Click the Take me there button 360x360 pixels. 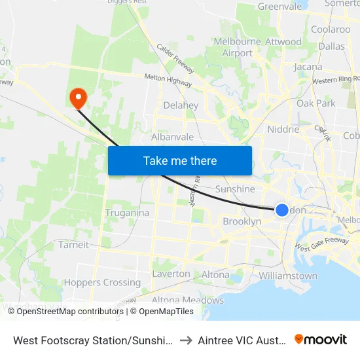(x=180, y=160)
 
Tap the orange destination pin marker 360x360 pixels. (x=78, y=98)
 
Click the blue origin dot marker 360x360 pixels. (x=281, y=209)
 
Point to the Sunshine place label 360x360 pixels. (x=235, y=189)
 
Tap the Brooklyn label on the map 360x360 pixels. (x=242, y=222)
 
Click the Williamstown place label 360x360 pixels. (x=288, y=276)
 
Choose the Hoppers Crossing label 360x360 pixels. (x=102, y=283)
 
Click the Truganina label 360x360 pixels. (x=127, y=213)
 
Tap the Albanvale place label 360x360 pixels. (x=172, y=137)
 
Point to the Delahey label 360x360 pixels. (x=181, y=105)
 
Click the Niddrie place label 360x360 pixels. (x=283, y=130)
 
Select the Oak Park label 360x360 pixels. (x=316, y=103)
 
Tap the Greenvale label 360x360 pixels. (x=279, y=7)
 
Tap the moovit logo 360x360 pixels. (x=321, y=339)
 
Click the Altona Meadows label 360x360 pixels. (x=187, y=300)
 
